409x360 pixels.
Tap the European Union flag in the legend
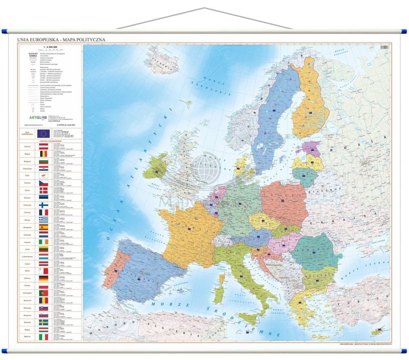[x=43, y=133]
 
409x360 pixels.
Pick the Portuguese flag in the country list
[x=43, y=293]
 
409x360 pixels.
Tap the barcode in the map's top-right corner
[x=384, y=47]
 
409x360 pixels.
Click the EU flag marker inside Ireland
[x=156, y=171]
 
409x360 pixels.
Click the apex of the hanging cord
[x=204, y=8]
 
